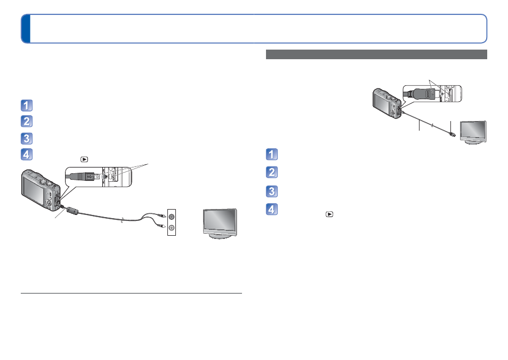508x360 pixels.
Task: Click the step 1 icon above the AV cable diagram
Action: (x=27, y=106)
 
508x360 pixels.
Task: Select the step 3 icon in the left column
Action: (x=27, y=138)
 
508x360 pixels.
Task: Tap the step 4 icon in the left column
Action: (x=27, y=155)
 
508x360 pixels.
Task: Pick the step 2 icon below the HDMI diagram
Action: (x=272, y=172)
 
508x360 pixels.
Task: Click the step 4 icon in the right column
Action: (x=272, y=209)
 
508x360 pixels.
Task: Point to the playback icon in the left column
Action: (x=84, y=159)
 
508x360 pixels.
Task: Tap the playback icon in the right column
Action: (x=329, y=214)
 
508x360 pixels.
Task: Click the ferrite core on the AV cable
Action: (x=73, y=211)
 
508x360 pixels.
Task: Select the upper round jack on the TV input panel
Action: (x=172, y=217)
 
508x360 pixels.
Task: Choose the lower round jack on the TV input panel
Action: (x=172, y=228)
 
